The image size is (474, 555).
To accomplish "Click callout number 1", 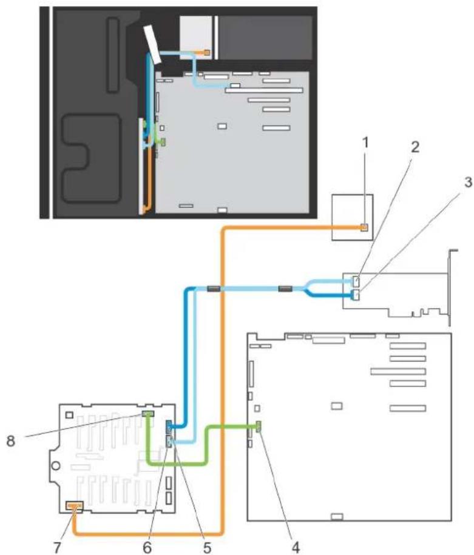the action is tap(365, 143).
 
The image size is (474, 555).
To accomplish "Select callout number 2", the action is tap(415, 147).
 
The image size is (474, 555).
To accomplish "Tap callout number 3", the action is tap(468, 183).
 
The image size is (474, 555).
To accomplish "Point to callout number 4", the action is tap(296, 547).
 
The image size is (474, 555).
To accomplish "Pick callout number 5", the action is tap(207, 547).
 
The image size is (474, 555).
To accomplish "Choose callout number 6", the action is tap(147, 547).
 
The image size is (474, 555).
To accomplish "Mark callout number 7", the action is tap(57, 547).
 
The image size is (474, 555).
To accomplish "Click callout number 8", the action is tap(11, 441).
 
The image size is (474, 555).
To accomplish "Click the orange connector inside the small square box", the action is tap(364, 227).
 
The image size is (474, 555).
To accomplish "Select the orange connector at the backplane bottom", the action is tap(75, 507).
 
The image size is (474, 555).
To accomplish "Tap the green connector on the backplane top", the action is tap(147, 414).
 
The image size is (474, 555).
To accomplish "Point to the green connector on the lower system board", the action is tap(259, 427).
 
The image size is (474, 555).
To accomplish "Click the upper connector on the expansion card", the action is tap(356, 282).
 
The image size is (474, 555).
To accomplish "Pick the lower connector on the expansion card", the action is tap(356, 295).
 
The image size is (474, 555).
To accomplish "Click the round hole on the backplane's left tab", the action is tap(56, 465).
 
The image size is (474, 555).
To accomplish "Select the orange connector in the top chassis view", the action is tap(207, 53).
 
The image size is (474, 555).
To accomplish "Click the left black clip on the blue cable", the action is tap(213, 289).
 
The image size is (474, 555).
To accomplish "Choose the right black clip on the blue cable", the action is tap(285, 289).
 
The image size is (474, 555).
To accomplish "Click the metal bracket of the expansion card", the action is tap(450, 287).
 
